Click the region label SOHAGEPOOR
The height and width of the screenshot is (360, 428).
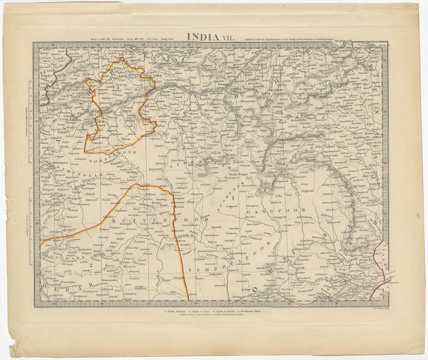105,159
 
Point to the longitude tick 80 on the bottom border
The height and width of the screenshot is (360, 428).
54,304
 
